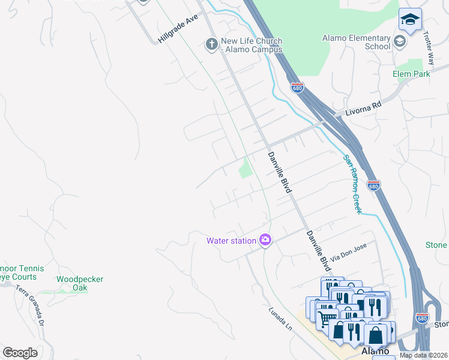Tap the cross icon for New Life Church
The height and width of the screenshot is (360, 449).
pos(211,44)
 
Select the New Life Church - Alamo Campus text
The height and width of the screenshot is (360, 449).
pos(252,45)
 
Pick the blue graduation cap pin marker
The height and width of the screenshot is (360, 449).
pos(410,20)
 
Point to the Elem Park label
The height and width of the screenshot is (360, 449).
pos(411,74)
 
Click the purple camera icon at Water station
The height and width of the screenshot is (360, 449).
pos(265,241)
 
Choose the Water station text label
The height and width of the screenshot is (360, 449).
pos(231,241)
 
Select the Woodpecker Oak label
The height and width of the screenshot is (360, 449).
pos(80,283)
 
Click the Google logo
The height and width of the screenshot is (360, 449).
pos(20,353)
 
